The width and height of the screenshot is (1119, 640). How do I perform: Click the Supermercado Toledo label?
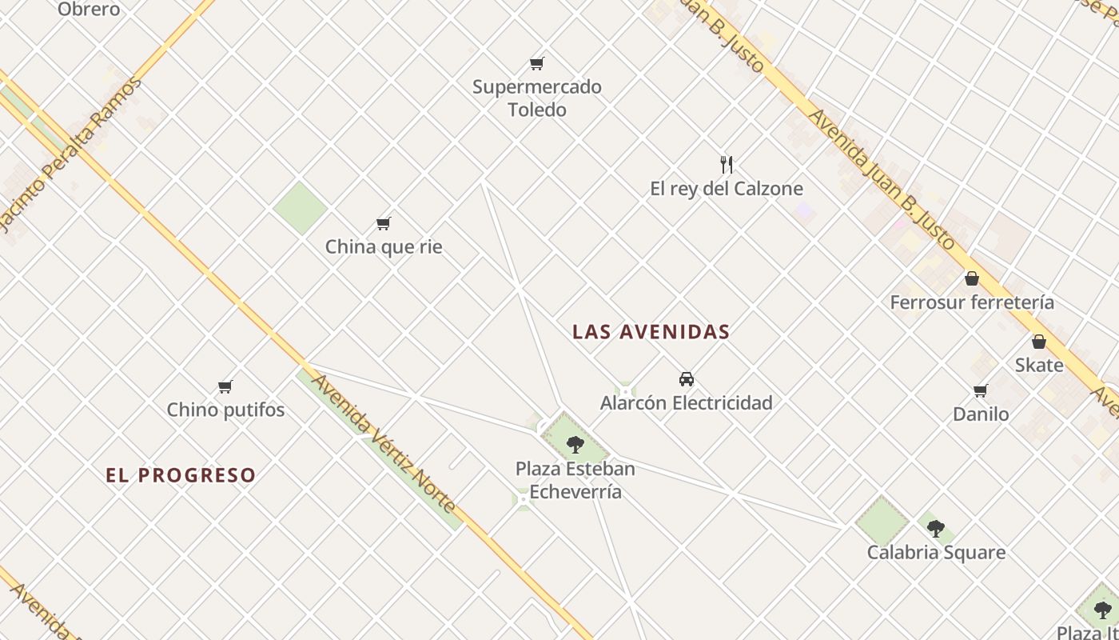click(536, 98)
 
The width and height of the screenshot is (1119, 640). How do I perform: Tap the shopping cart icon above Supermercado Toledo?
click(536, 63)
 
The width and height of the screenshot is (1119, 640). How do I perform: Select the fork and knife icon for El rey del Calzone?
click(727, 165)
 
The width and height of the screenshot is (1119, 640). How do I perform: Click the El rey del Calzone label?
click(726, 189)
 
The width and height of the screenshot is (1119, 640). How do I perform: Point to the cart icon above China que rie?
click(384, 223)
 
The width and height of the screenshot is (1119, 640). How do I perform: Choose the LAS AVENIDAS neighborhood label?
click(651, 332)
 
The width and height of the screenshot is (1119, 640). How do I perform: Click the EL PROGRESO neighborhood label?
click(181, 475)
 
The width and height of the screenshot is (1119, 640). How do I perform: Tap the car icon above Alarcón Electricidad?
click(686, 379)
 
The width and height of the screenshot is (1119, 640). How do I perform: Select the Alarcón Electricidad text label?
click(686, 402)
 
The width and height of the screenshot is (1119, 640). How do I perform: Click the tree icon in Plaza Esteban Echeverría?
click(575, 445)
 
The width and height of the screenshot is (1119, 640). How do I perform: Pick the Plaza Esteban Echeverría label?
click(575, 480)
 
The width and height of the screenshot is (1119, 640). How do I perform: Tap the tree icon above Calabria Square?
click(936, 528)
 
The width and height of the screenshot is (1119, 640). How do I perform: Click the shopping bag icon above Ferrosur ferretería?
click(972, 278)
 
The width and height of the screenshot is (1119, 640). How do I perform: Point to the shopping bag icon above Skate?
click(1039, 342)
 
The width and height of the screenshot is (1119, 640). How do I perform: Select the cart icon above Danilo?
click(981, 390)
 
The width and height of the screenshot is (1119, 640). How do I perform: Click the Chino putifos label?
click(225, 410)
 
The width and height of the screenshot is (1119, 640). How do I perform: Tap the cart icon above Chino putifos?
click(225, 387)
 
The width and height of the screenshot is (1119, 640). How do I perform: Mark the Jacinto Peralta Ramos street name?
click(70, 152)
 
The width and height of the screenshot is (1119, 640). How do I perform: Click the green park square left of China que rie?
click(300, 208)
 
